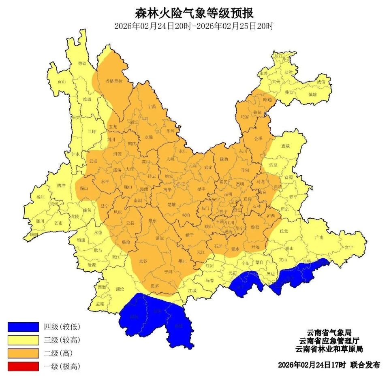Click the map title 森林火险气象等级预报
point(194,13)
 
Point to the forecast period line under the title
point(194,27)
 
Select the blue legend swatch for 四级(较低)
point(23,327)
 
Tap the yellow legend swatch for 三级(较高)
point(23,340)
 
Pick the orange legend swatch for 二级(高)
point(23,353)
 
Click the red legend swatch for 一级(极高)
point(23,366)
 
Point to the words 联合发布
point(365,365)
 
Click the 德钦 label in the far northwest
point(82,63)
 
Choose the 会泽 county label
point(258,138)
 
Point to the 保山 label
point(84,188)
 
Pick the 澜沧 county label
point(120,289)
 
